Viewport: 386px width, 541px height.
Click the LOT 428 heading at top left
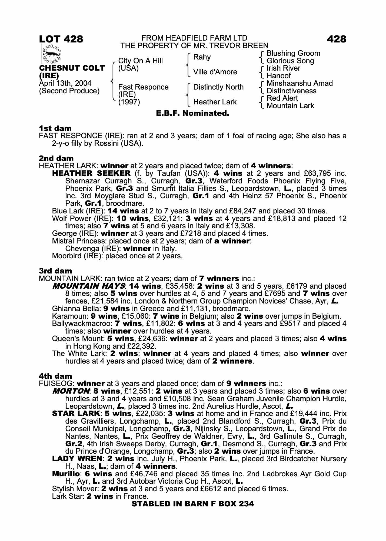pyautogui.click(x=61, y=39)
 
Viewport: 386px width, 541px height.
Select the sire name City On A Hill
pyautogui.click(x=140, y=61)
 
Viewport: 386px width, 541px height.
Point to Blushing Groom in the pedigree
pyautogui.click(x=293, y=53)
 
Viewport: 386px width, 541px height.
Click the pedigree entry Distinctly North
pyautogui.click(x=218, y=87)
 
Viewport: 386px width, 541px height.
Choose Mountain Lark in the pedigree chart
pyautogui.click(x=290, y=106)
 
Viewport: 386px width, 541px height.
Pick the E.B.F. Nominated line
pyautogui.click(x=193, y=113)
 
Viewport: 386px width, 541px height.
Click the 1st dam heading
pyautogui.click(x=55, y=128)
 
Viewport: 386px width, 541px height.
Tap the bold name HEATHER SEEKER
pyautogui.click(x=91, y=173)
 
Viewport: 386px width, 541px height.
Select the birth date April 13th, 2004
pyautogui.click(x=65, y=83)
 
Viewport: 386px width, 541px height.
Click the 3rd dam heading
pyautogui.click(x=55, y=271)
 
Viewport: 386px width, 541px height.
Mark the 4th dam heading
pyautogui.click(x=55, y=376)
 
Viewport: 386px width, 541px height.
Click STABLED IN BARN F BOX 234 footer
pyautogui.click(x=193, y=504)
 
